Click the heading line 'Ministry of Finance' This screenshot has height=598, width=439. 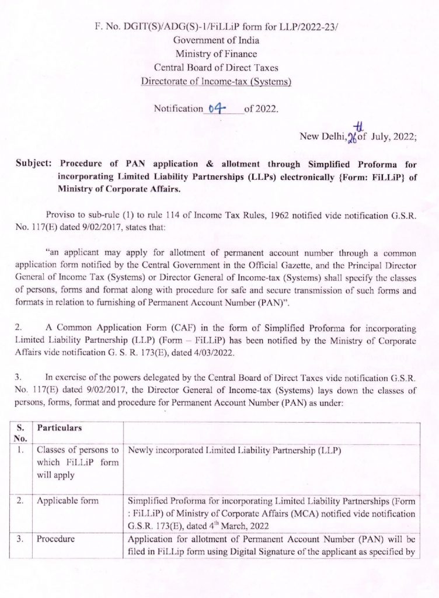click(216, 54)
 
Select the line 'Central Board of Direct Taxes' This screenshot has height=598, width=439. click(216, 68)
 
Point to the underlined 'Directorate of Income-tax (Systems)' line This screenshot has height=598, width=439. click(216, 81)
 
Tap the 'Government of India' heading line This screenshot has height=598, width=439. click(216, 41)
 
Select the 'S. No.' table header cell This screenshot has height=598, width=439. click(20, 433)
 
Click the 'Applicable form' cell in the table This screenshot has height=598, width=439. click(64, 500)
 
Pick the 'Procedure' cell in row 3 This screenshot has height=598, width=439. click(55, 539)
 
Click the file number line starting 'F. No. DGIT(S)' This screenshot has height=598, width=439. click(216, 27)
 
